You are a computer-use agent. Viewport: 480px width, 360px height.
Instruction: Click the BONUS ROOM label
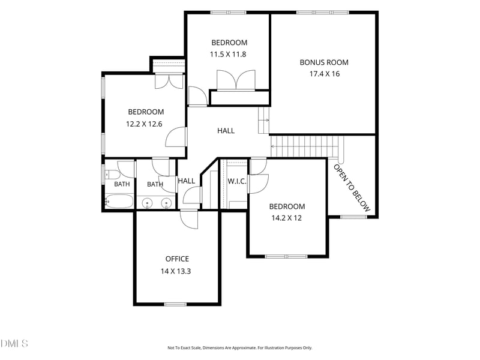pos(324,62)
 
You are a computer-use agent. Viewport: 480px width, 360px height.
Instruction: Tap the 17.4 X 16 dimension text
pos(325,74)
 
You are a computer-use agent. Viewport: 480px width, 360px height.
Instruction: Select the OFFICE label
pos(177,259)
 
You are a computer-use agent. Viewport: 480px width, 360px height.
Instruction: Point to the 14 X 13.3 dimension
pos(176,271)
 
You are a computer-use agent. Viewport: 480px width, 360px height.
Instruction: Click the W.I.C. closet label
pos(236,181)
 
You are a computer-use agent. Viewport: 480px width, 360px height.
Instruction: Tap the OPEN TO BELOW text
pos(352,188)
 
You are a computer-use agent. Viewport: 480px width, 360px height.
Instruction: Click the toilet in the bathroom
pos(112,175)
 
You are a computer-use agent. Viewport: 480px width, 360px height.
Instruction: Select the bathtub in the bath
pos(119,201)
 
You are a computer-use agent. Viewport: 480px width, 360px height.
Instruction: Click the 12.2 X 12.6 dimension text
pos(144,124)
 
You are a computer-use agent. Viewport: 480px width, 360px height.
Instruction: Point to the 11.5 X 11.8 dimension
pos(228,55)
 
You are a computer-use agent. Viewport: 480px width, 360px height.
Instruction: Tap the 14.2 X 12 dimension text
pos(287,218)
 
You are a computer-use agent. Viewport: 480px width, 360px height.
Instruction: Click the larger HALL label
pos(226,131)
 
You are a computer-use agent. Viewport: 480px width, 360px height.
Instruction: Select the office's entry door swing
pos(189,220)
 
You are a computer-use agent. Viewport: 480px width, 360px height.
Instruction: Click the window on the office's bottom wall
pos(175,304)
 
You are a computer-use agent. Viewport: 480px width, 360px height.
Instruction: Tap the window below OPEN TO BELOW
pos(353,217)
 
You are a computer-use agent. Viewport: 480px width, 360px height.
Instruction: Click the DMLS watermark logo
pos(14,343)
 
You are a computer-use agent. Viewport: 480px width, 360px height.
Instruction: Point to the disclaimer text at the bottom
pos(239,348)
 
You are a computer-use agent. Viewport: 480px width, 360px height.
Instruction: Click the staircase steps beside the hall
pos(305,146)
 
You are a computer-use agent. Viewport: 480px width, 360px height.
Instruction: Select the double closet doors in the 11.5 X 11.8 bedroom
pos(236,80)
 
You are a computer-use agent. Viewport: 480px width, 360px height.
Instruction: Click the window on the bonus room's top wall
pos(323,13)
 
